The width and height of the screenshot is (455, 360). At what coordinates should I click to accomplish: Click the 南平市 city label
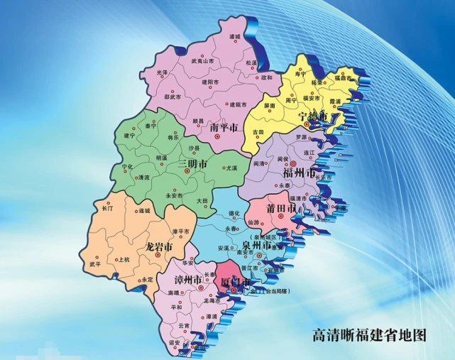pyautogui.click(x=226, y=128)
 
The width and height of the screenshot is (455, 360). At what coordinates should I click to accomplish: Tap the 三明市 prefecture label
pyautogui.click(x=192, y=164)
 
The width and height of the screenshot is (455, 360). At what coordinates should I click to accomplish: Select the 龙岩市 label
pyautogui.click(x=159, y=247)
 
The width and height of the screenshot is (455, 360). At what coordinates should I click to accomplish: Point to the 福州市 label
pyautogui.click(x=297, y=173)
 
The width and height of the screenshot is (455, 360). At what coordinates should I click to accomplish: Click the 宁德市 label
pyautogui.click(x=312, y=116)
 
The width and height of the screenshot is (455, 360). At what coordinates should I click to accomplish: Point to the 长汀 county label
pyautogui.click(x=107, y=209)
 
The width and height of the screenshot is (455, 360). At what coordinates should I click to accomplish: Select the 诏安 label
pyautogui.click(x=175, y=341)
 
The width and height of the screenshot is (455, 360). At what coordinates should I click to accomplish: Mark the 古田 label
pyautogui.click(x=258, y=132)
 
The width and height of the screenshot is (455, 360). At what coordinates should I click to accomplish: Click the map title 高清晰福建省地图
pyautogui.click(x=371, y=334)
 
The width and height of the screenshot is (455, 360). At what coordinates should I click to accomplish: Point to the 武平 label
pyautogui.click(x=95, y=264)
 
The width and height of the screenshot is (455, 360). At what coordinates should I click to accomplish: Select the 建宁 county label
pyautogui.click(x=129, y=135)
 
